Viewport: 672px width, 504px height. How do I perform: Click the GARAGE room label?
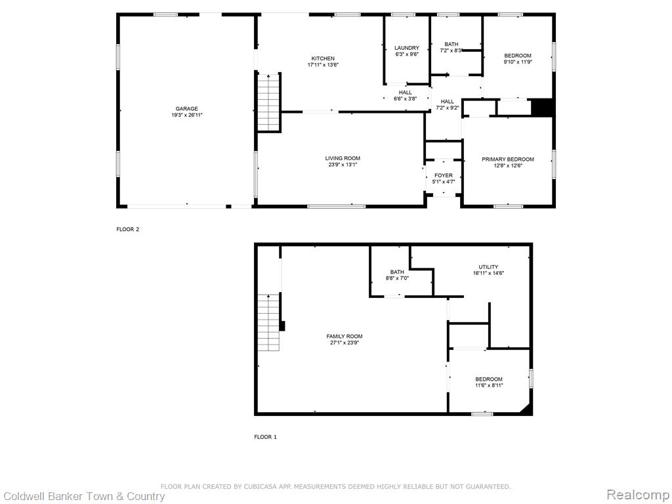tap(186, 109)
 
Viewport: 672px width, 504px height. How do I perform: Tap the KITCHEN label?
tap(323, 58)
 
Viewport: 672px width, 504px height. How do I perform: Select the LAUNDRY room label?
tap(407, 48)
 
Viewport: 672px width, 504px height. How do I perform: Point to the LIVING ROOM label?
tap(343, 159)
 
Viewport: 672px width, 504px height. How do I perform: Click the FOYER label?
tap(443, 176)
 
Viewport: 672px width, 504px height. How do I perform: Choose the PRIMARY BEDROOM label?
tap(508, 159)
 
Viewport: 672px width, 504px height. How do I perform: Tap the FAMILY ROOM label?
tap(344, 337)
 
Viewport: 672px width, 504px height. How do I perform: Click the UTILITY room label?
tap(488, 267)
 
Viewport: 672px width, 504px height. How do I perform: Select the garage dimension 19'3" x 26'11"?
tap(186, 115)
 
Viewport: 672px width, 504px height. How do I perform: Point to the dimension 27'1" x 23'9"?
tap(344, 343)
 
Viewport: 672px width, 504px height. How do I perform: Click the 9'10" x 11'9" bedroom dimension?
tap(518, 62)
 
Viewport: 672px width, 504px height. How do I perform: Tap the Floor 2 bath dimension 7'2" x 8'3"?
tap(451, 51)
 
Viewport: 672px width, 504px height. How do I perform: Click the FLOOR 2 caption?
tap(128, 229)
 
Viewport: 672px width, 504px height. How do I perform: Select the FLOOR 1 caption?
tap(265, 437)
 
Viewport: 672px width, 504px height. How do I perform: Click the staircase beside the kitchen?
tap(268, 103)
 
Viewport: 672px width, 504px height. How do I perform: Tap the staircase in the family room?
tap(268, 322)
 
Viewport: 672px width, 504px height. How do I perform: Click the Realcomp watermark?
tap(638, 495)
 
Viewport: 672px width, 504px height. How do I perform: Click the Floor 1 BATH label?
tap(397, 272)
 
